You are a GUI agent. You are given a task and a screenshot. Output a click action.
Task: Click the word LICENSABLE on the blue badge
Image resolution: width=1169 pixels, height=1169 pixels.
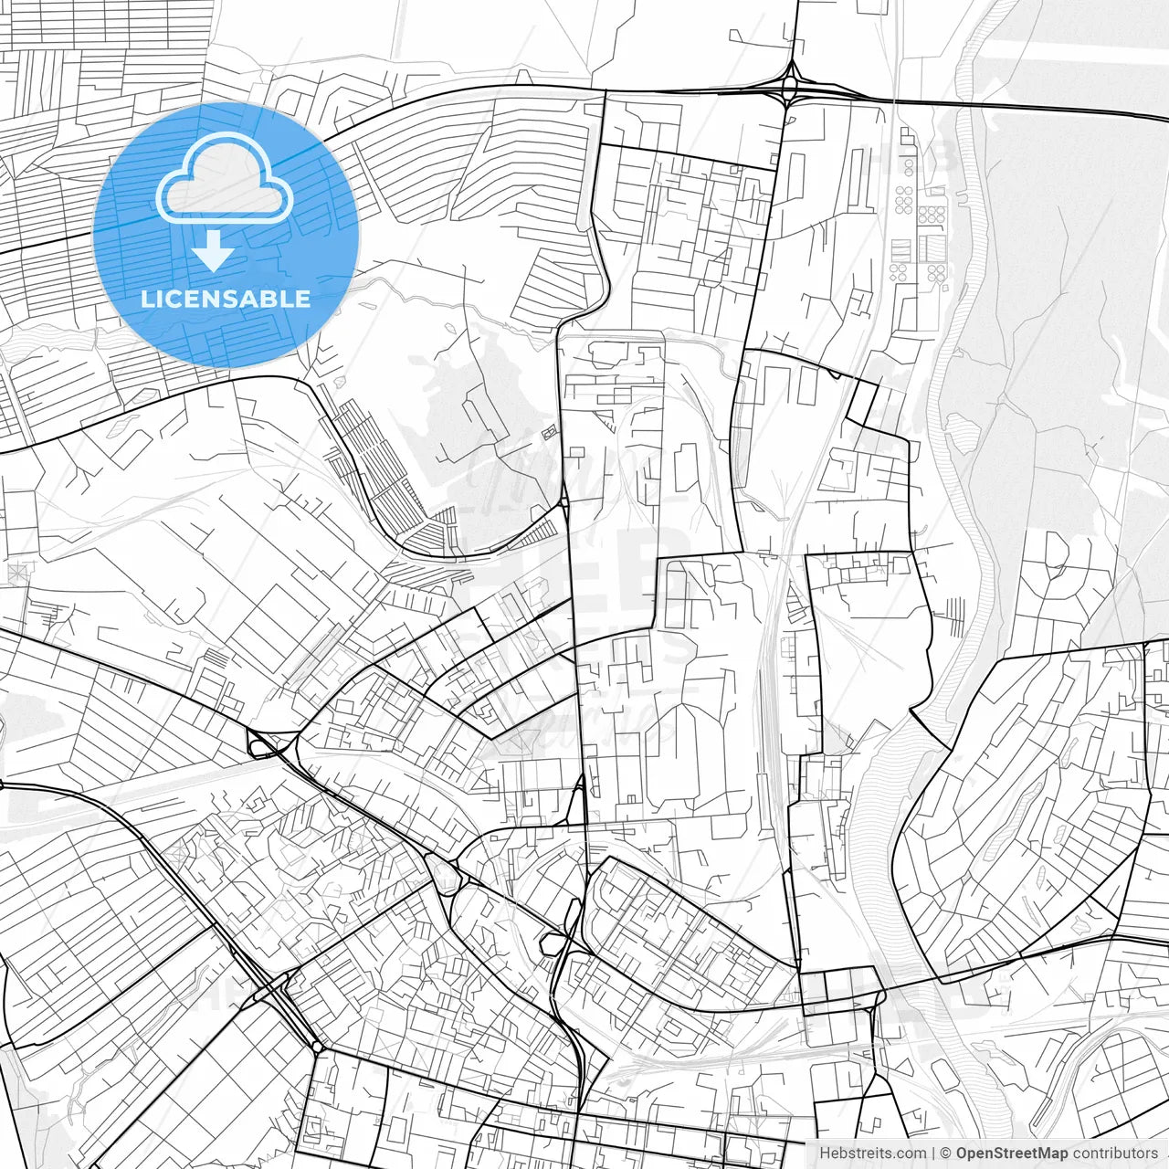pyautogui.click(x=226, y=299)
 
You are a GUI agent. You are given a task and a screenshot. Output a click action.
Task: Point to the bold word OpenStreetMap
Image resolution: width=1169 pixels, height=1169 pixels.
pyautogui.click(x=1012, y=1153)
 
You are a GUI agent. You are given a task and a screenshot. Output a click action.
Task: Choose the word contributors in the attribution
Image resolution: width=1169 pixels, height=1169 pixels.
pyautogui.click(x=1115, y=1153)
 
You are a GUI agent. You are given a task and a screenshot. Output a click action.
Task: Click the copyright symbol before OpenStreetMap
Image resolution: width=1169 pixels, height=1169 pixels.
pyautogui.click(x=947, y=1153)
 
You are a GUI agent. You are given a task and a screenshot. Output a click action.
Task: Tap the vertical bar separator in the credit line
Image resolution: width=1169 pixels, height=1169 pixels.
pyautogui.click(x=933, y=1153)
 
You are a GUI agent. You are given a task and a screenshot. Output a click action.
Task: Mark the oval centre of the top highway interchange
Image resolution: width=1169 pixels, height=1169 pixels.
pyautogui.click(x=788, y=88)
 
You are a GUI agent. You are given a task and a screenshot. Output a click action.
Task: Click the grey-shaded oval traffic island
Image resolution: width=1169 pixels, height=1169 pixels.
pyautogui.click(x=441, y=874)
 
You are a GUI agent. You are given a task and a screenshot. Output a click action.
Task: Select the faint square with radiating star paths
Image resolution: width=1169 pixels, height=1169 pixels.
pyautogui.click(x=16, y=573)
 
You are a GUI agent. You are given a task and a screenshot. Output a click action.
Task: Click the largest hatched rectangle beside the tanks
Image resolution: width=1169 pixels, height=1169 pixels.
pyautogui.click(x=932, y=248)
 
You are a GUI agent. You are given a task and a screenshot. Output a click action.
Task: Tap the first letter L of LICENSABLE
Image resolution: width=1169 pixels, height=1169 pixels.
pyautogui.click(x=146, y=299)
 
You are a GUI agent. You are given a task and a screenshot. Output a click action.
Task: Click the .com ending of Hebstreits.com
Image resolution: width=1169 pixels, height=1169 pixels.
pyautogui.click(x=910, y=1153)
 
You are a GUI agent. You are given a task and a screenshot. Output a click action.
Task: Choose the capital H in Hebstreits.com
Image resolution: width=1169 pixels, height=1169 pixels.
pyautogui.click(x=825, y=1153)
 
